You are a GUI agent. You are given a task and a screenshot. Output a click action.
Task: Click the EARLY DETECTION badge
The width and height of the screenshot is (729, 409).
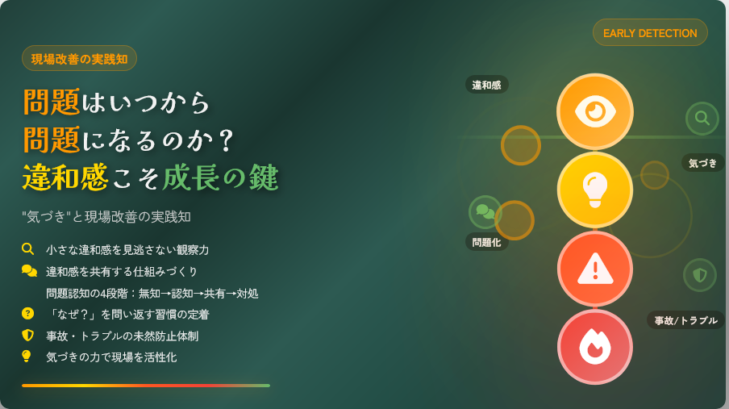650,32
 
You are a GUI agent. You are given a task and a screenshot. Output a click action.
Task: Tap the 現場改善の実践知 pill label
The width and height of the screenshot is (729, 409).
79,59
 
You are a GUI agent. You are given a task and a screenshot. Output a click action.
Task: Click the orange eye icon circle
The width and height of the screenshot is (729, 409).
595,111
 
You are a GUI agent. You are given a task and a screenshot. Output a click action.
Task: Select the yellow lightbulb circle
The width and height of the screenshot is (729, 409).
595,190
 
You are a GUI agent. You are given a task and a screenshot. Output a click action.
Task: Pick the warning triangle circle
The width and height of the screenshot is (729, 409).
595,269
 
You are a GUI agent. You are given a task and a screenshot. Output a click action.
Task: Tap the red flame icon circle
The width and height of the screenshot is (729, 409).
595,347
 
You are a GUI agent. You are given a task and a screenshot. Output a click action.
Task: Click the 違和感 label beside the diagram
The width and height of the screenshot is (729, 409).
487,85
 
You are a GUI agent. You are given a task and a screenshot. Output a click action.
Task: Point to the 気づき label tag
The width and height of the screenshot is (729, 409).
703,163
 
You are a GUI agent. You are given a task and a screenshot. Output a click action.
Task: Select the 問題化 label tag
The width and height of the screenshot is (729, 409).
487,242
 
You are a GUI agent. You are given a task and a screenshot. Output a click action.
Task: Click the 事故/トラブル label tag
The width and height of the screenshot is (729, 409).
685,320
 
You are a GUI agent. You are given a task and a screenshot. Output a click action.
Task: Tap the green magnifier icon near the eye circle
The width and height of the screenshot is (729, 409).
702,119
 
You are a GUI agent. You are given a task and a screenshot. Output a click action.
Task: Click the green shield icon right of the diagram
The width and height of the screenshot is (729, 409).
700,275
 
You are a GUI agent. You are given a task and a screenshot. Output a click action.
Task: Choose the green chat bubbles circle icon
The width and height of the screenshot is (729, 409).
485,212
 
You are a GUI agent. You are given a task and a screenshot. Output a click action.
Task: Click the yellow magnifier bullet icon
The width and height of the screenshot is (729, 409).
28,249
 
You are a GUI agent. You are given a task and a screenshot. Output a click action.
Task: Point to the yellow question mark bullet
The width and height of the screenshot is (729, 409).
28,313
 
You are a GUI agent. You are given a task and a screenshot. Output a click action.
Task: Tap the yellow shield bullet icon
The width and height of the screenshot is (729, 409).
28,335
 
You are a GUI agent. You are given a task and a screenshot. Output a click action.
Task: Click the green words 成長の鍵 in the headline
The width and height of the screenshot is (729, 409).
220,177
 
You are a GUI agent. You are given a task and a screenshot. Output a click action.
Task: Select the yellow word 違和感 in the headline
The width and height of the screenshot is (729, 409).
65,177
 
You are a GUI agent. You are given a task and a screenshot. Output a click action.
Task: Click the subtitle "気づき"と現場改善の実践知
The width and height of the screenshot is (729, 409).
106,217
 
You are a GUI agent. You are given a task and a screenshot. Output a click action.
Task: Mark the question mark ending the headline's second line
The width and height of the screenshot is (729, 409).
227,141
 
